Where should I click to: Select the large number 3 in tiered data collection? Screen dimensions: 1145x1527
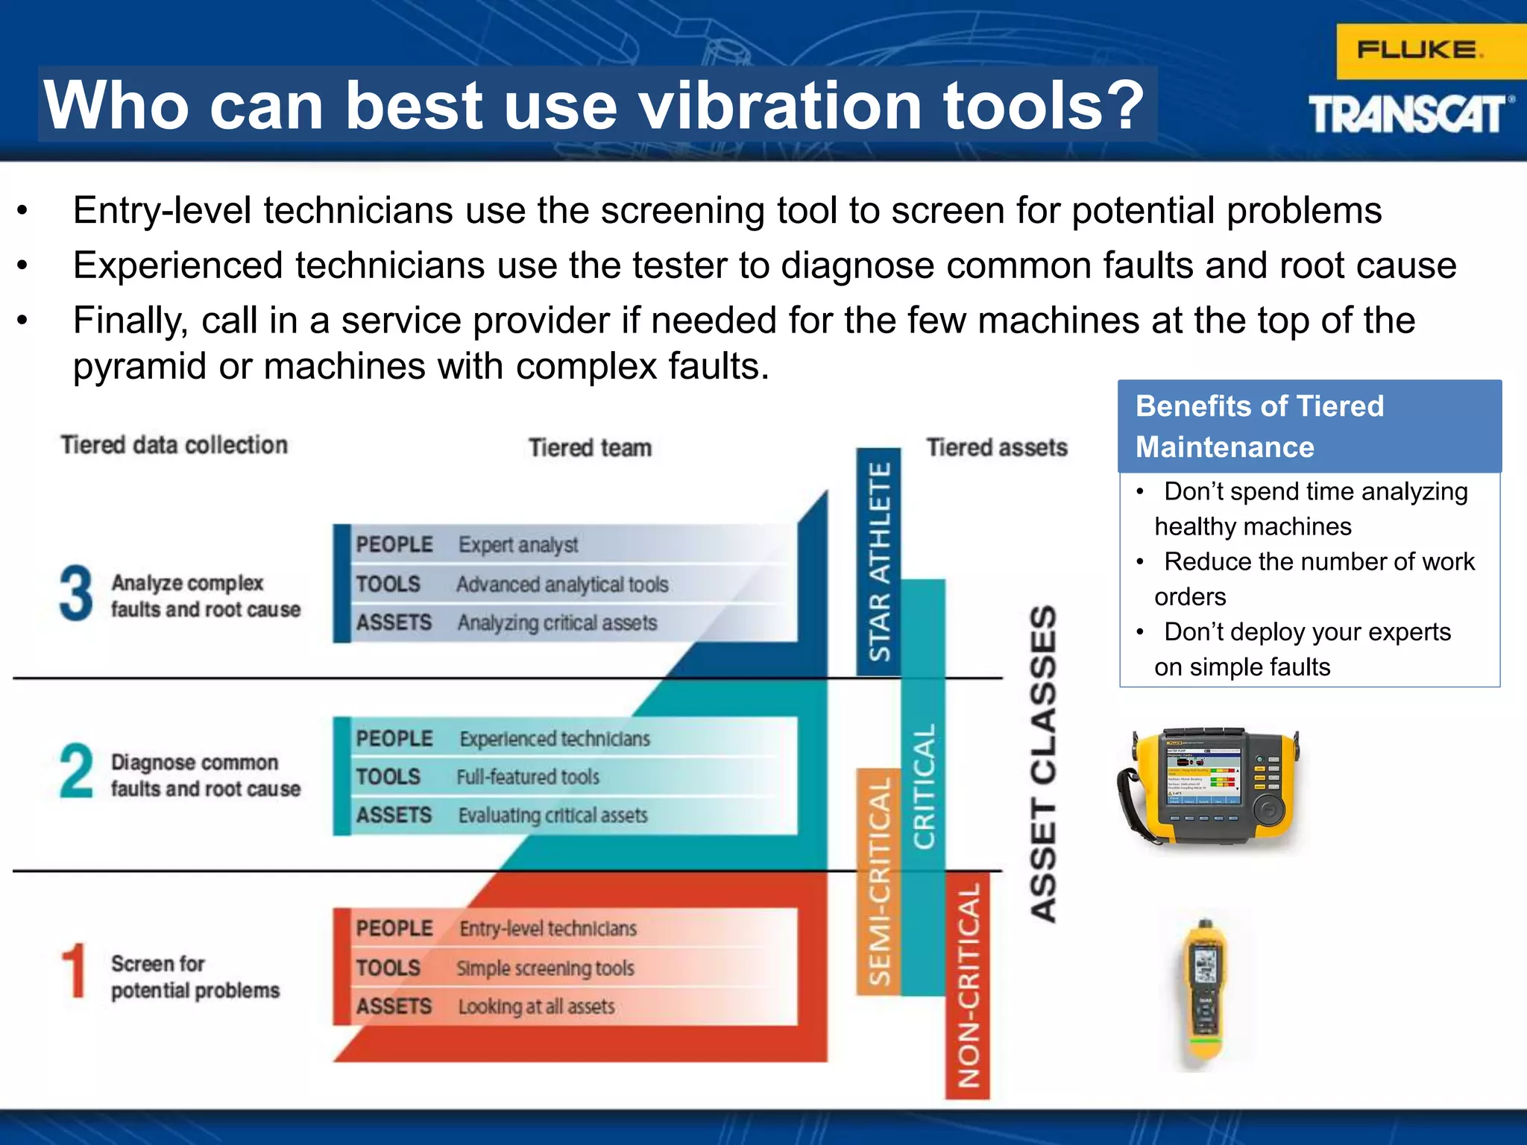coord(76,593)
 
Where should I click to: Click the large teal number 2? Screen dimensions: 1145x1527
coord(76,771)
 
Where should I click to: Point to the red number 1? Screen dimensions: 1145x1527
coord(75,971)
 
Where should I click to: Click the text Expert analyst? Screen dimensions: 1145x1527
coord(518,545)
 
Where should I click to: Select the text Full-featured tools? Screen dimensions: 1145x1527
coord(528,777)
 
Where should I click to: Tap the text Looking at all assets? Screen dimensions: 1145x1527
coord(537,1007)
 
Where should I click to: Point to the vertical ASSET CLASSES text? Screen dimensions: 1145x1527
coord(1042,764)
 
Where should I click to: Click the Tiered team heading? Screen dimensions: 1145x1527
coord(590,448)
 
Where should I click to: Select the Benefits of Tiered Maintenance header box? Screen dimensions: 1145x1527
coord(1309,426)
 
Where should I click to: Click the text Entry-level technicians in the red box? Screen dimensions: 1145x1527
coord(548,929)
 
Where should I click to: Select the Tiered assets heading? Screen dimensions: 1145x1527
coord(996,448)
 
